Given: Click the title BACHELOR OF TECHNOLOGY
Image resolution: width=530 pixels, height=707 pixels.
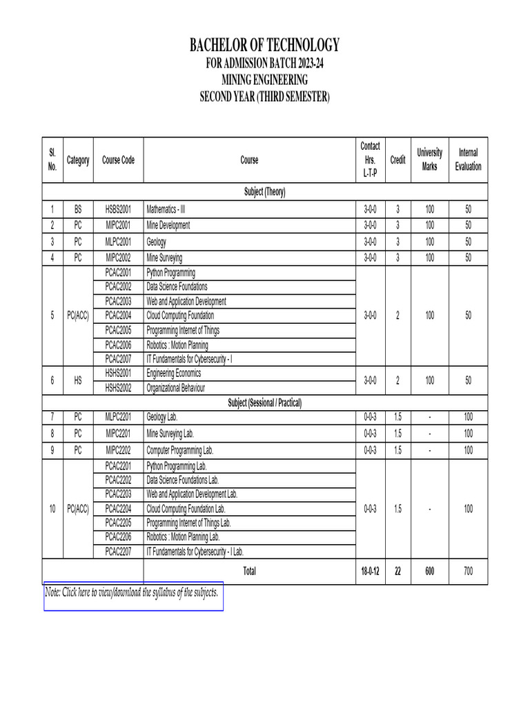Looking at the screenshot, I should point(265,46).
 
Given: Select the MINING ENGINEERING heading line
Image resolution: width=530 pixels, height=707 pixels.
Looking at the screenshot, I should point(265,81).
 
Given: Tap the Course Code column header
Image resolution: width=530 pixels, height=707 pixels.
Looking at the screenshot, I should point(118,160).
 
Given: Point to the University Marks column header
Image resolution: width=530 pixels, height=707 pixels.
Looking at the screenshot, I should point(429,159).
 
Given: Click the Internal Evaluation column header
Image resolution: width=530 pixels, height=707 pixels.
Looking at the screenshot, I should point(468,159).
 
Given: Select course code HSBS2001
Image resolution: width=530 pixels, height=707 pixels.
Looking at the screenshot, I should point(118,209).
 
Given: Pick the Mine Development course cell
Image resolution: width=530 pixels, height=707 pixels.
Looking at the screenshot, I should point(168,225).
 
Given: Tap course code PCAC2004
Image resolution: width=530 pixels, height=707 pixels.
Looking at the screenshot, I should point(118,316).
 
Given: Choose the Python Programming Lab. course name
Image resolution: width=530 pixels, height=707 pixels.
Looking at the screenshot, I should point(177,466).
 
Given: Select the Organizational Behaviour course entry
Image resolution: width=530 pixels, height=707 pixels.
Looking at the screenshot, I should point(176,388).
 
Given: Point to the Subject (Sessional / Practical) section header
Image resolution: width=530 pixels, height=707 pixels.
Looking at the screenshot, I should point(265,403).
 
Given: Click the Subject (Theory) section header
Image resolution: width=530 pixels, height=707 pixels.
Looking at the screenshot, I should point(265,192).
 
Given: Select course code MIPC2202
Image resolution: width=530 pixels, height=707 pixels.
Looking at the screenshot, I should point(118,450).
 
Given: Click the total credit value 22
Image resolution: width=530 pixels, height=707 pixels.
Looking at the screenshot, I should point(397,572).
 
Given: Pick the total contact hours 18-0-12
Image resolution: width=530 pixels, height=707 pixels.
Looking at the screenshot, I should point(370,572).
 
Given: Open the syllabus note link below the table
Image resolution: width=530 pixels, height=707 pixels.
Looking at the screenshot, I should point(132,592).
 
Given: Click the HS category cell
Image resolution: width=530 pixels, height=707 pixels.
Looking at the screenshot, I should point(78,380).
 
